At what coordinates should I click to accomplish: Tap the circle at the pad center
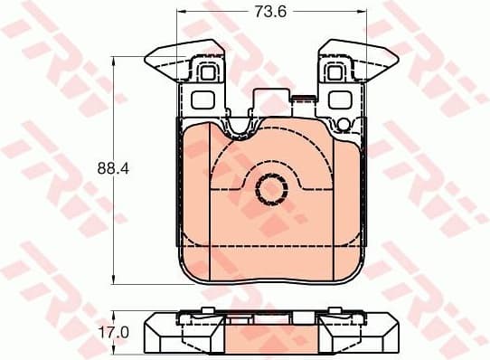[x=269, y=189]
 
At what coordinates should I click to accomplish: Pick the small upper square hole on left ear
[x=207, y=72]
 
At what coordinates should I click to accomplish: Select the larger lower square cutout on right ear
[x=339, y=99]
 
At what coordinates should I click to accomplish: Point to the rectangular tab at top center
[x=274, y=100]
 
